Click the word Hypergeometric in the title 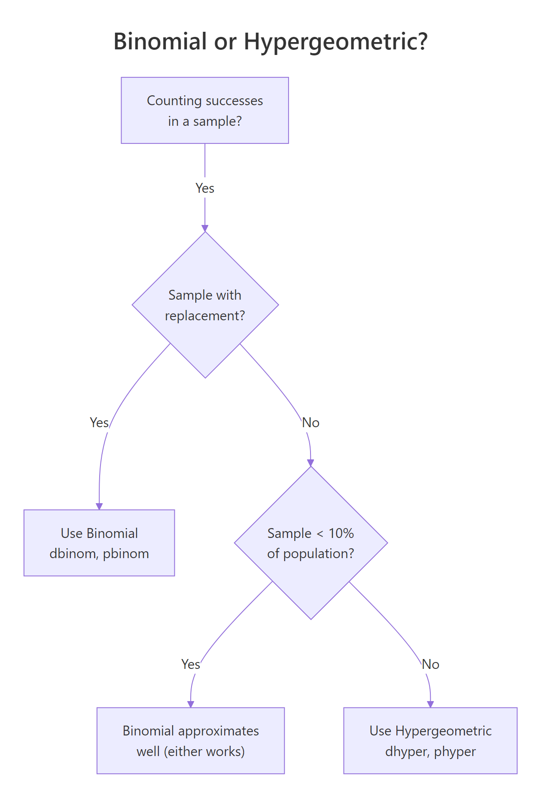(x=335, y=42)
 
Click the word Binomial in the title (x=160, y=42)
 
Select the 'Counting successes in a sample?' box (x=205, y=110)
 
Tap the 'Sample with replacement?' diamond (x=205, y=305)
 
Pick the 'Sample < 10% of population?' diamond (x=311, y=543)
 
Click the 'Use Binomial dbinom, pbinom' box (x=99, y=543)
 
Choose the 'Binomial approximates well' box (x=191, y=741)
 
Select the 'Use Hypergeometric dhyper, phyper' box (x=430, y=741)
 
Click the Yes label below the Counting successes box (x=205, y=188)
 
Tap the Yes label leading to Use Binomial (x=99, y=422)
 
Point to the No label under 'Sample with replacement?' (x=311, y=422)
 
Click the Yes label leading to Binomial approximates (x=191, y=664)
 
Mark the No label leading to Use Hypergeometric (x=430, y=664)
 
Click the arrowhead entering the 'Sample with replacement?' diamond (x=205, y=228)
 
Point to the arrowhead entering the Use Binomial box (x=99, y=506)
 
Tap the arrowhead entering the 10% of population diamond (x=311, y=463)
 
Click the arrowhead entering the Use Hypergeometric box (x=430, y=704)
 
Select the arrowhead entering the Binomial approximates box (x=191, y=704)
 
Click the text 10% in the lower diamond (x=341, y=533)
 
